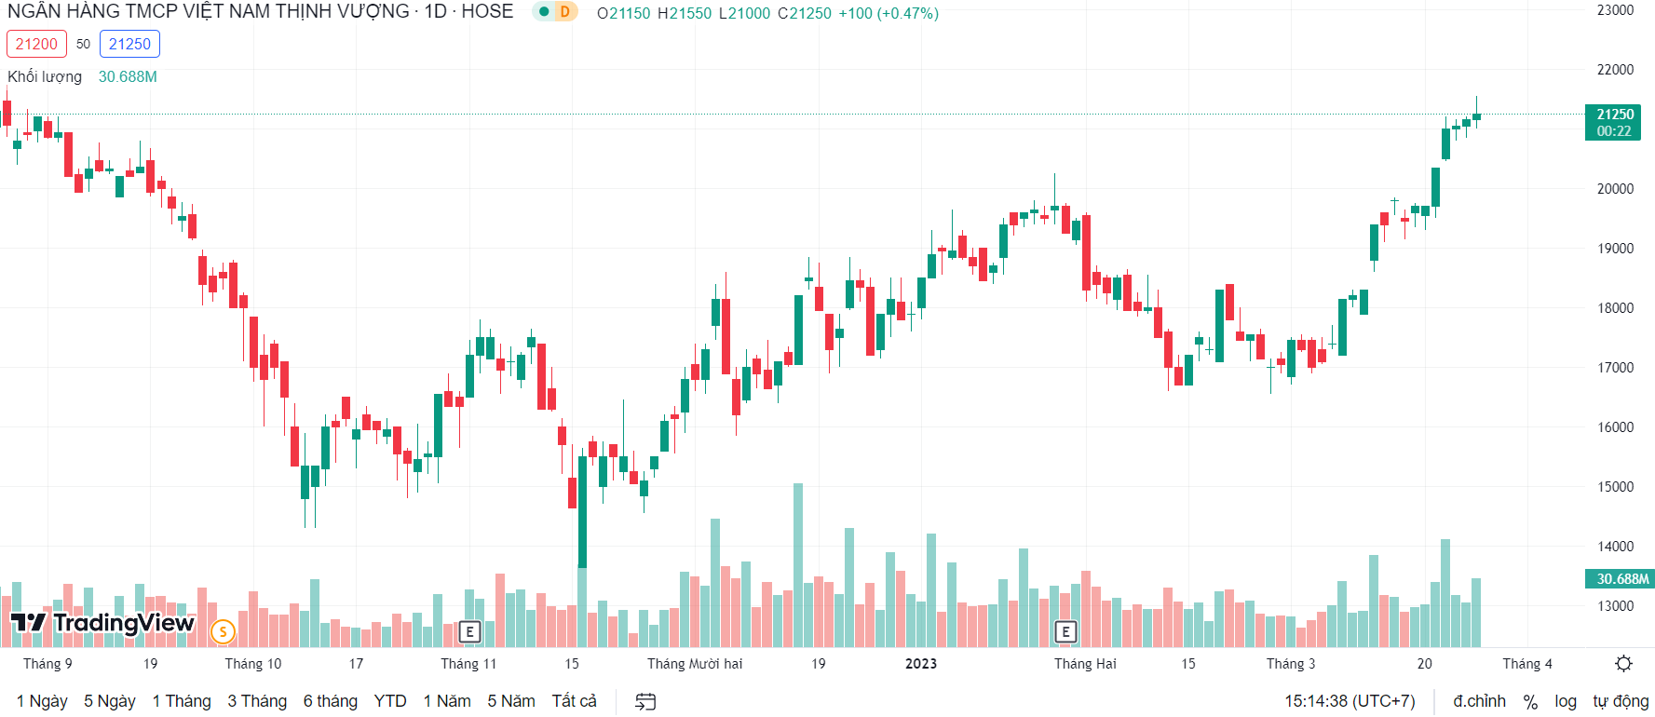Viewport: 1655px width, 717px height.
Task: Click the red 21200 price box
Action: pos(36,44)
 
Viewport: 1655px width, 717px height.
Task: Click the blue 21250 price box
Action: pos(129,44)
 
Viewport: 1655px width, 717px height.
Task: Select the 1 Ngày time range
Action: pos(42,701)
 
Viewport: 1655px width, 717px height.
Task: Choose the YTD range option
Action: pos(390,701)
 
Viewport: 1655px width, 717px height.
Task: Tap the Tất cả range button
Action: pos(574,701)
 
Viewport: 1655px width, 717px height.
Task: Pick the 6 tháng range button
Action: pos(330,701)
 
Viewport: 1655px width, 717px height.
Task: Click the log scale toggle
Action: pos(1565,701)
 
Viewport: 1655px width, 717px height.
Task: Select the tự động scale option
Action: pos(1621,701)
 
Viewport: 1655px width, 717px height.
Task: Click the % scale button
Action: pos(1530,701)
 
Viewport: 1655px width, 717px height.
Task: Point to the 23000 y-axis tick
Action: pos(1616,10)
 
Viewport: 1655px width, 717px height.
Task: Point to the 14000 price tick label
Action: pos(1616,547)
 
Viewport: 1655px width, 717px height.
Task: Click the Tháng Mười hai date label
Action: pos(695,664)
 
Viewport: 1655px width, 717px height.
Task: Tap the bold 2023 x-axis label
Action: pos(921,664)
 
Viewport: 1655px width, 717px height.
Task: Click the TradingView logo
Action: pos(102,623)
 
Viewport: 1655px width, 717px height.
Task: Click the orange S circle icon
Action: pos(223,632)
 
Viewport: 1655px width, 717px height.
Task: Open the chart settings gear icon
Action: pos(1623,664)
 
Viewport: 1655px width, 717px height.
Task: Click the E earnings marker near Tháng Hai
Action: pos(1065,632)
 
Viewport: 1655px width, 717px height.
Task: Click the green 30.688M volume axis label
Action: pos(1621,579)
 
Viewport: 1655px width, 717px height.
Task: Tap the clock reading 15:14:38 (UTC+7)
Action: pos(1350,701)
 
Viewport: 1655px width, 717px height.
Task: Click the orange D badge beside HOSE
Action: pos(564,12)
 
